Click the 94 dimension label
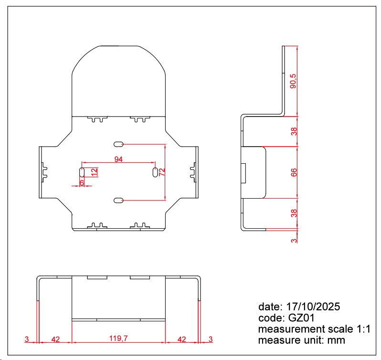click(x=118, y=159)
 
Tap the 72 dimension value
click(x=162, y=172)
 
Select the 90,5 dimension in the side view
click(x=293, y=81)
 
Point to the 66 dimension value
click(x=294, y=172)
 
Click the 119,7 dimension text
click(x=118, y=338)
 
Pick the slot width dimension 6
click(x=82, y=182)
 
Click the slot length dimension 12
click(x=94, y=172)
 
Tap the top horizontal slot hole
click(x=118, y=144)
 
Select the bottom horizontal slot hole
click(x=118, y=201)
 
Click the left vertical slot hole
click(x=82, y=172)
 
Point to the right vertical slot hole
click(x=155, y=172)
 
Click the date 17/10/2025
click(x=313, y=307)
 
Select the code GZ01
click(x=301, y=318)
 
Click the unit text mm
click(x=336, y=340)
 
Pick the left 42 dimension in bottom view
click(x=55, y=339)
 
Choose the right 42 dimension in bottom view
click(x=181, y=339)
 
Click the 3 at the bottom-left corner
click(x=27, y=339)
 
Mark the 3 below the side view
click(x=294, y=241)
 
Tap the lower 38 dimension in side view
click(x=294, y=213)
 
